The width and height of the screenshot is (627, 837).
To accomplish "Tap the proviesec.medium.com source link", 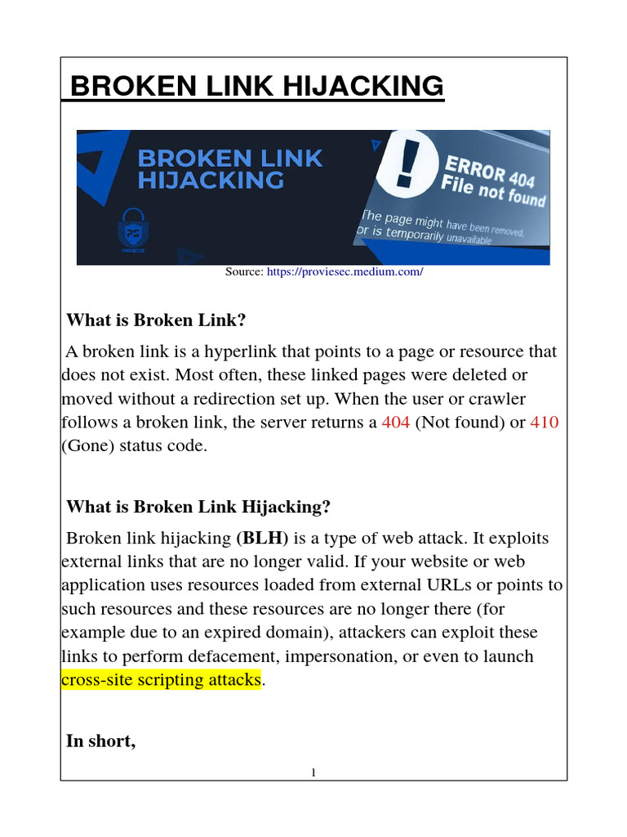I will (x=345, y=271).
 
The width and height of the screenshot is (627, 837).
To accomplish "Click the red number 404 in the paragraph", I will (x=396, y=423).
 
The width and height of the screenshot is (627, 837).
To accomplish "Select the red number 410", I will (x=545, y=423).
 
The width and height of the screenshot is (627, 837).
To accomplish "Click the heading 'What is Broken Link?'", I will (x=156, y=320).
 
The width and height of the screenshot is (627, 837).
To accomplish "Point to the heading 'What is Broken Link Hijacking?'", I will (x=198, y=507).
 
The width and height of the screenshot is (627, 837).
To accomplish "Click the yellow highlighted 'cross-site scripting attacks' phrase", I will (x=161, y=679).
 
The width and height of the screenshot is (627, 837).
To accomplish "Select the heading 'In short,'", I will (x=100, y=741).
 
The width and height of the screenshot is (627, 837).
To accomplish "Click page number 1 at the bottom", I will (x=313, y=773).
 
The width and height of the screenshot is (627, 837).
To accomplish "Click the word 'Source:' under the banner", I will (x=244, y=271).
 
